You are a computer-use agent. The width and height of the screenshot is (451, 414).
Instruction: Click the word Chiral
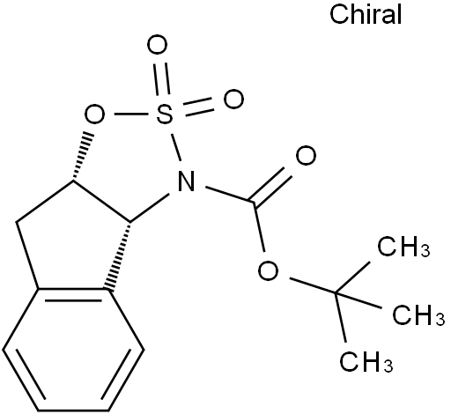[x=366, y=15]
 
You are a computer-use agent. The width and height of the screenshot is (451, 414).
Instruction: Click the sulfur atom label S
[x=165, y=114]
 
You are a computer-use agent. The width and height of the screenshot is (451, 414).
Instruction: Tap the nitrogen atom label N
[x=186, y=181]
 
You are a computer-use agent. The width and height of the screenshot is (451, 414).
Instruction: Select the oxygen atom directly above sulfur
[x=157, y=45]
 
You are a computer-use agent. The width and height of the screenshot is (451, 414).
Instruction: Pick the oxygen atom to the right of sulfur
[x=233, y=99]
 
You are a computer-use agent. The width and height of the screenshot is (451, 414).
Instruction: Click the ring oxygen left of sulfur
[x=94, y=114]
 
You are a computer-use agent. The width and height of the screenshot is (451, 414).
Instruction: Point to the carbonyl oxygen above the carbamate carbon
[x=306, y=155]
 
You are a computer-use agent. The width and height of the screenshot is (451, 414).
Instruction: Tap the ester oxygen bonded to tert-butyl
[x=269, y=270]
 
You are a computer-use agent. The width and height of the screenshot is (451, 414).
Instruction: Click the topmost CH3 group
[x=403, y=247]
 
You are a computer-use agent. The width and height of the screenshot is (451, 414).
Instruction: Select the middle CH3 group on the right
[x=418, y=314]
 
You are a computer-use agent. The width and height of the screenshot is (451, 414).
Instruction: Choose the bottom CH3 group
[x=366, y=361]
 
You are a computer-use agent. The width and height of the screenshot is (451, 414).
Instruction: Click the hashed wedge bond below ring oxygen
[x=83, y=157]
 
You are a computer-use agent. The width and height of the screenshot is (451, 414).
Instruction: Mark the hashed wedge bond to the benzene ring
[x=119, y=256]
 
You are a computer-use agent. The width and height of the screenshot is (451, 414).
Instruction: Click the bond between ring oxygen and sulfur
[x=130, y=114]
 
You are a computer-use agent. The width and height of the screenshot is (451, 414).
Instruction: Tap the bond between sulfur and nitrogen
[x=176, y=147]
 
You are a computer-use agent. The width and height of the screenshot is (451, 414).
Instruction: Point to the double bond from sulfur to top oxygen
[x=162, y=78]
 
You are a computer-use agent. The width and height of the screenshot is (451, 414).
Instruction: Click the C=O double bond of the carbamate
[x=270, y=187]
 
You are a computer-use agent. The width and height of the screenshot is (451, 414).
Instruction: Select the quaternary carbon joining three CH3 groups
[x=335, y=292]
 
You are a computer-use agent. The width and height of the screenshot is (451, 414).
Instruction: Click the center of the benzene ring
[x=73, y=350]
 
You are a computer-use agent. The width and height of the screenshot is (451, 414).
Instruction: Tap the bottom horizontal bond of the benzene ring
[x=73, y=410]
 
